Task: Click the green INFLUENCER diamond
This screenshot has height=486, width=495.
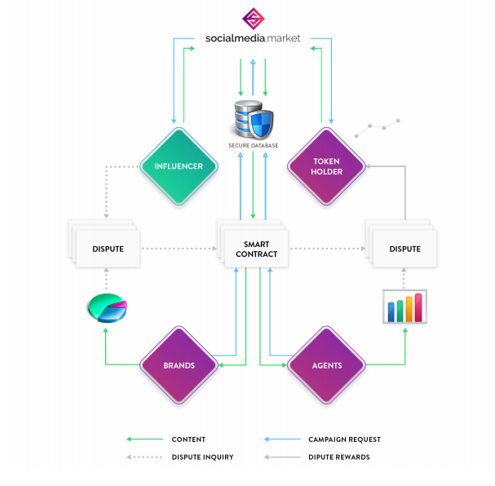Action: [179, 166]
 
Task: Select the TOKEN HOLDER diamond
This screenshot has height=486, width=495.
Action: [326, 166]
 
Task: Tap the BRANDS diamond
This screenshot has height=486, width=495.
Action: [179, 365]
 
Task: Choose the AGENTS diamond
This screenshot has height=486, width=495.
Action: [326, 365]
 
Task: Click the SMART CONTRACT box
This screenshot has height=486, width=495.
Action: [256, 249]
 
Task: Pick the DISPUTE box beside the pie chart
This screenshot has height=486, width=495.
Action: [108, 249]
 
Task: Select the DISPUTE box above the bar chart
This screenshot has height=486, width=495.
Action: [404, 249]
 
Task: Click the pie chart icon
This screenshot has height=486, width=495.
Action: [108, 308]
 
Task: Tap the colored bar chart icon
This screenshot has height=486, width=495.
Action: [404, 307]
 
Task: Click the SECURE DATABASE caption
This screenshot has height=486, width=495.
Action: [253, 145]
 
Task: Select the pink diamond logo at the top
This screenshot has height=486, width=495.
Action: [253, 19]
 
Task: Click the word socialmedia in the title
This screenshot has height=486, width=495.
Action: [235, 38]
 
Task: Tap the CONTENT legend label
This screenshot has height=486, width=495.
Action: [188, 440]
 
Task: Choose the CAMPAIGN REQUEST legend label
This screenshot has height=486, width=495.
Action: [344, 440]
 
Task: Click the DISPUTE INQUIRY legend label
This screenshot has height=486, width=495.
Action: [203, 457]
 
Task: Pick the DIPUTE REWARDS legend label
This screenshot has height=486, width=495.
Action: [339, 457]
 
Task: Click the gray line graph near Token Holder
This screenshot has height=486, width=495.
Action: [378, 128]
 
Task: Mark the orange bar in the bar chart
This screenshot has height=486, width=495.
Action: [409, 309]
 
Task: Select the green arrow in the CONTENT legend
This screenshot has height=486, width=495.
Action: [144, 439]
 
